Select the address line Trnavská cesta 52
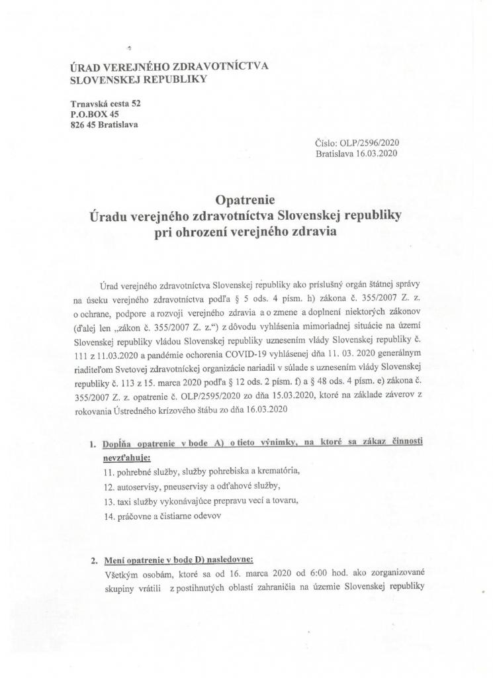(105, 104)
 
